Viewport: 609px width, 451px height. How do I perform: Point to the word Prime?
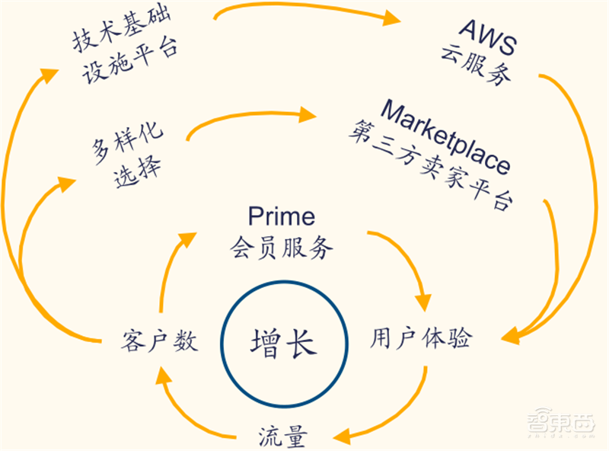tap(281, 216)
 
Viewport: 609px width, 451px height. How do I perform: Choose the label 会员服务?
tap(282, 248)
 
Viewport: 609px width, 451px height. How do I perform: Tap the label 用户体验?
tap(421, 339)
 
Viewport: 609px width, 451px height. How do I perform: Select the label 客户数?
tap(160, 341)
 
